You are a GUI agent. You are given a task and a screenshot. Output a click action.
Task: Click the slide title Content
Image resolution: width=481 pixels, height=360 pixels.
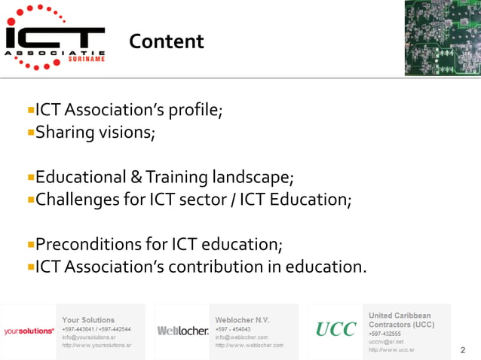click(x=166, y=41)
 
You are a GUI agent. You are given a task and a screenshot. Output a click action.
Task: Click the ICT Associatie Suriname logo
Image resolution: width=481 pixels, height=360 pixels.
click(x=54, y=37)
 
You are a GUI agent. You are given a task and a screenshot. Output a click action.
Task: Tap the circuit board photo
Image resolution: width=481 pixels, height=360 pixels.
click(x=441, y=38)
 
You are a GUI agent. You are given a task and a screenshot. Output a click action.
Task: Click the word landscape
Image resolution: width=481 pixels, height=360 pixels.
click(x=250, y=178)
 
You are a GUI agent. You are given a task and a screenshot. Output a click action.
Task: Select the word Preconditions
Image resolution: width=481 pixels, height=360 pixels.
click(x=90, y=245)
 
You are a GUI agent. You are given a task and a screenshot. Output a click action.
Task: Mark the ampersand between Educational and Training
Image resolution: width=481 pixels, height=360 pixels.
click(x=136, y=178)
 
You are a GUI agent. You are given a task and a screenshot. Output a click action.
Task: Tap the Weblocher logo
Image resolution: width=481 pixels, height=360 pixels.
click(x=182, y=331)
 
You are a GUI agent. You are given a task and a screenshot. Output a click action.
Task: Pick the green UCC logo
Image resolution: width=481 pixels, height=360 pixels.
click(x=335, y=330)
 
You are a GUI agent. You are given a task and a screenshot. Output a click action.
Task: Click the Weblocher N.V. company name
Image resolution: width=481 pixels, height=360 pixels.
click(x=242, y=320)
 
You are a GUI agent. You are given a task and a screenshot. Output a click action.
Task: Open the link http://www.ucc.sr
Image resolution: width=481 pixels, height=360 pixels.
click(x=391, y=350)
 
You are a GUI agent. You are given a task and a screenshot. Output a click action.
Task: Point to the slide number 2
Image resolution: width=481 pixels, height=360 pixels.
click(x=462, y=350)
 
